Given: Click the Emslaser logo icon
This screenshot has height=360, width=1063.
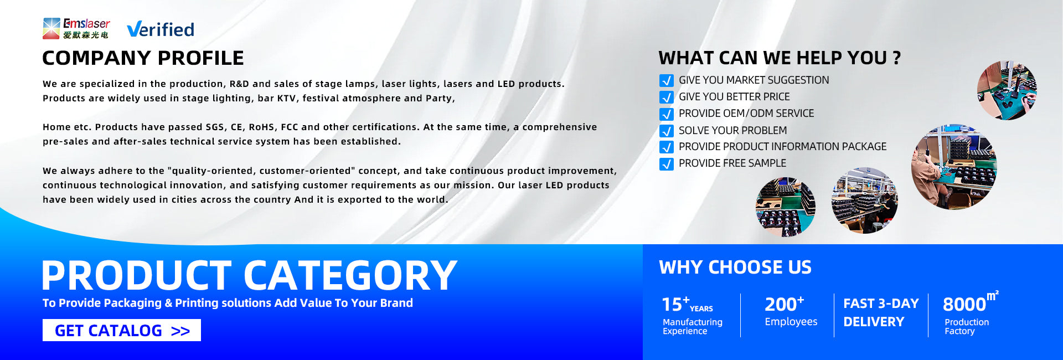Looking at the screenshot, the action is tap(51, 28).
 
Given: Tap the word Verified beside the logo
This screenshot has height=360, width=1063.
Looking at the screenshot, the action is tap(161, 29).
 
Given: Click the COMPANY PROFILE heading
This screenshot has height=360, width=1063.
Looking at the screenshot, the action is tap(143, 58).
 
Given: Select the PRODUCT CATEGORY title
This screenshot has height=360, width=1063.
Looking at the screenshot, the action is tap(250, 275).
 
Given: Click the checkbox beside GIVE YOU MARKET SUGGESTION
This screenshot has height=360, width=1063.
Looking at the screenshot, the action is tap(667, 80).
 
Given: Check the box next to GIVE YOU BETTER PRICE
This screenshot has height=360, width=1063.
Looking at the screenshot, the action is tap(667, 97).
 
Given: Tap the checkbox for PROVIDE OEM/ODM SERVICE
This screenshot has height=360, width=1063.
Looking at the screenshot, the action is tap(667, 114).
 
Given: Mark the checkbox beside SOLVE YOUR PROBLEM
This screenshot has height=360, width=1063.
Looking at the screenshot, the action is tap(667, 131).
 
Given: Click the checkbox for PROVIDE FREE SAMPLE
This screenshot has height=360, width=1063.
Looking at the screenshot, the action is tap(667, 164).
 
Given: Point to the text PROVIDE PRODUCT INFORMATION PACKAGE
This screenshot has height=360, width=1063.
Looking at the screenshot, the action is tap(782, 147).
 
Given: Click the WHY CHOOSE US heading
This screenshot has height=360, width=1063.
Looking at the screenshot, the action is tap(735, 268).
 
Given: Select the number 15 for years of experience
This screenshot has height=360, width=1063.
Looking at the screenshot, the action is tap(672, 305).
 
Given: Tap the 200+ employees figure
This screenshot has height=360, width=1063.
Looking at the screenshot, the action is tap(784, 304).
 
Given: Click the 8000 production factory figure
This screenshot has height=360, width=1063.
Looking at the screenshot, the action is tap(964, 305).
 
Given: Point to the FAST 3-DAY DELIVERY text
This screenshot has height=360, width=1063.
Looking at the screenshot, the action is tap(881, 312).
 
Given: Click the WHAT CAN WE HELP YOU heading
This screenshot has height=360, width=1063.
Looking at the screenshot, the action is tap(780, 58).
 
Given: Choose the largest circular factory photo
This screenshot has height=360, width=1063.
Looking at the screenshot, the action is tap(953, 167).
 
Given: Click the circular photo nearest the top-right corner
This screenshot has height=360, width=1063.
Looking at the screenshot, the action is tap(1007, 90).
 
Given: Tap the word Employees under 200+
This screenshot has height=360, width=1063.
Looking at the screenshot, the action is tap(791, 322).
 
